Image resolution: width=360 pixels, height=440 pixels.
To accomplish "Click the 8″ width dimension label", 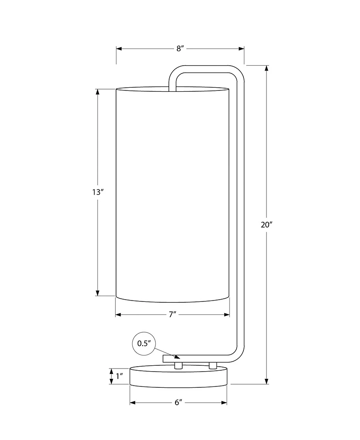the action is [180, 49].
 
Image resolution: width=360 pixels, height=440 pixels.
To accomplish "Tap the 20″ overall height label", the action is [266, 225].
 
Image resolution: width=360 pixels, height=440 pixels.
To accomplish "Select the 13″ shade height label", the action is [98, 193].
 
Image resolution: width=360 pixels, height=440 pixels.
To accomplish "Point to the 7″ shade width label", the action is [172, 314].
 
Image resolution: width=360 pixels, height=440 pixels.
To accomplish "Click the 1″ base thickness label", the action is [120, 376].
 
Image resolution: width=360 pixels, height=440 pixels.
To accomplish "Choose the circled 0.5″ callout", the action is [144, 343].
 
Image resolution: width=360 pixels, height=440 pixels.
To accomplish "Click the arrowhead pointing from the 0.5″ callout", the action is [177, 357].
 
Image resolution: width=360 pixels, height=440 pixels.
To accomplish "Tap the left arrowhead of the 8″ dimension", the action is [119, 49].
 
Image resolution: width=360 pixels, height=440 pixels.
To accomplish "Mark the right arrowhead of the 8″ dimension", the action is [241, 49].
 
